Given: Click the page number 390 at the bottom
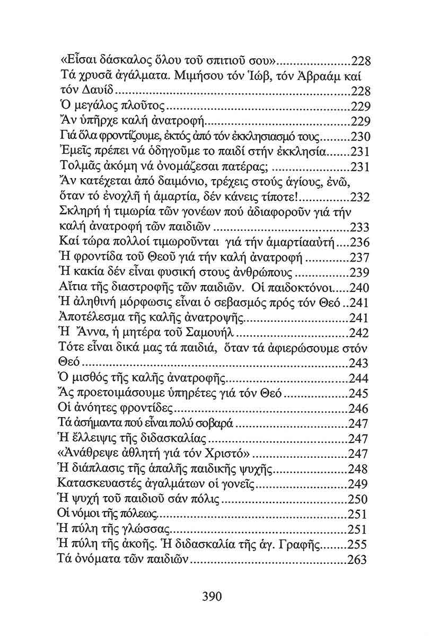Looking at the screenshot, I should point(212,596).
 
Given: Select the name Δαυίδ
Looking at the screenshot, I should point(99,90).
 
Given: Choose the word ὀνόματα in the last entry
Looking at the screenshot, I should point(96,560).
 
